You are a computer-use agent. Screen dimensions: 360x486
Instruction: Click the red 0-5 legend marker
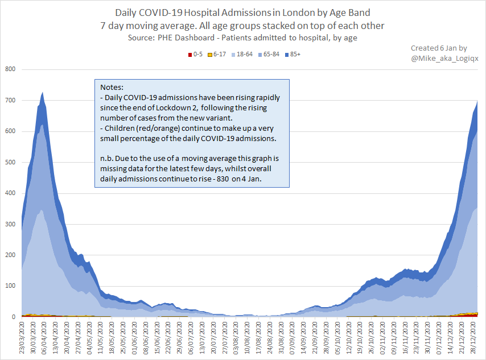click(190, 55)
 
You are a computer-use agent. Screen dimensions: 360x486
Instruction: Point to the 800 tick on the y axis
click(10, 69)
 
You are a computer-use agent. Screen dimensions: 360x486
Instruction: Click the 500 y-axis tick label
click(10, 162)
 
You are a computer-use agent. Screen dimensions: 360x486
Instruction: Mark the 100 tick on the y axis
click(10, 286)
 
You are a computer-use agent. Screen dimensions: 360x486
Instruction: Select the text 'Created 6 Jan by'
click(439, 48)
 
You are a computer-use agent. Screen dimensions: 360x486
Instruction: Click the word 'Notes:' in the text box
click(112, 88)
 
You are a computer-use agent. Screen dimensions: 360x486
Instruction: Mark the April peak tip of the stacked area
click(43, 92)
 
